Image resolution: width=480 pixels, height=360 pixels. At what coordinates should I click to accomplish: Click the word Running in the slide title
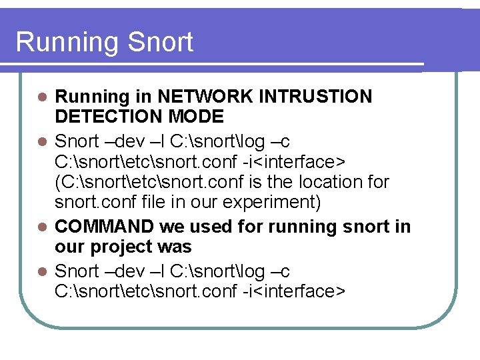pos(59,42)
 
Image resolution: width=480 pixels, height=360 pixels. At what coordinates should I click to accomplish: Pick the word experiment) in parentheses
pos(274,201)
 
